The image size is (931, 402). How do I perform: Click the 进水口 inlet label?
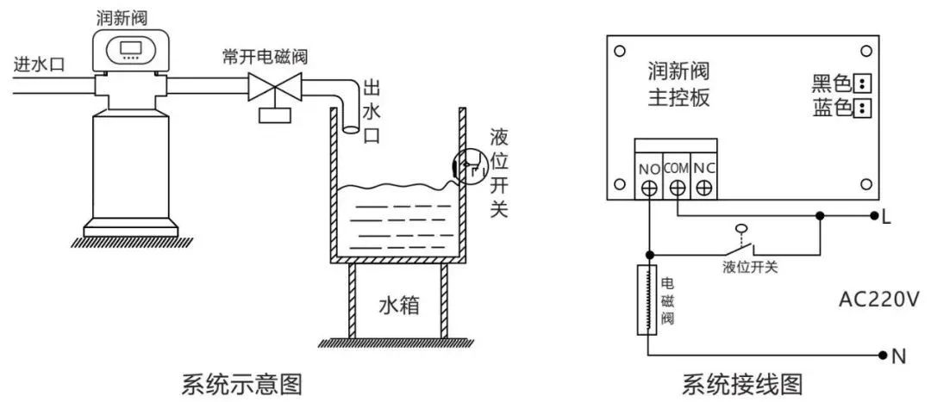40,64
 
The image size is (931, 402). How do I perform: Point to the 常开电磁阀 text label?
264,59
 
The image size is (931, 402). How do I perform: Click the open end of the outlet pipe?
351,130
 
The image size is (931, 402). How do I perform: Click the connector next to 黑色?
861,83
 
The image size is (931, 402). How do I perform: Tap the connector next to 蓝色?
861,108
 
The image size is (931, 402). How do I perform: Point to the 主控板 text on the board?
678,97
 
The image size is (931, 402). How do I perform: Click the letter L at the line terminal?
886,217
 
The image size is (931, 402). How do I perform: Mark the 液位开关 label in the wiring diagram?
750,267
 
